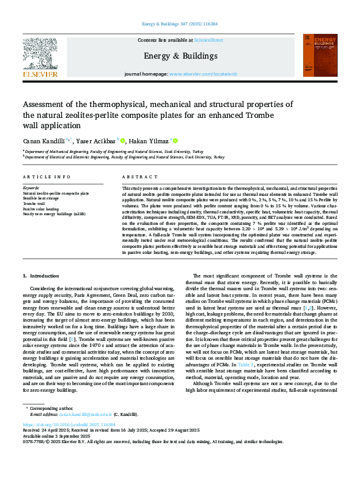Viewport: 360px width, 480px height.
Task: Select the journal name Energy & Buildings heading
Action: pos(179,56)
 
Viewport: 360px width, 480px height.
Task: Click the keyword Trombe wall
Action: pos(35,204)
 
